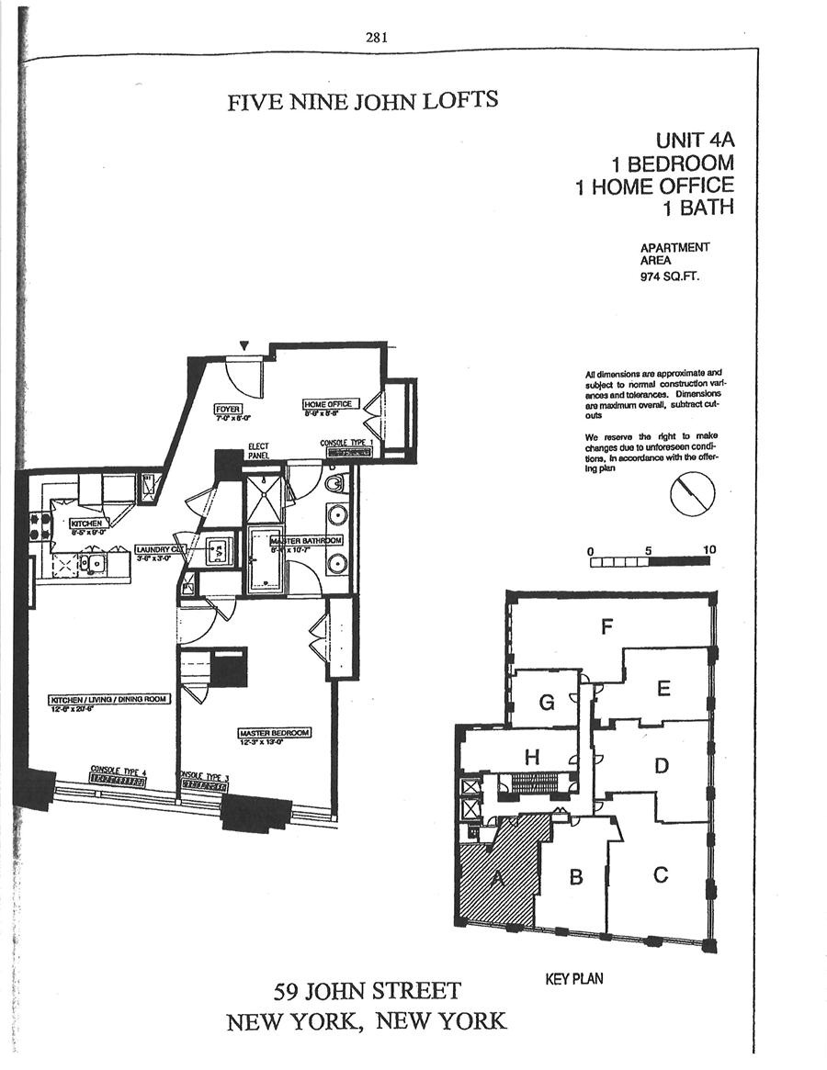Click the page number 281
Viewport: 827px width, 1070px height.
377,38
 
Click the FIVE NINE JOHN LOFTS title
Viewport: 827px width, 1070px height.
363,100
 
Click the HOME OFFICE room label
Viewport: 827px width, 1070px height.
329,404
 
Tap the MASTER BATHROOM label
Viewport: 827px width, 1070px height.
306,541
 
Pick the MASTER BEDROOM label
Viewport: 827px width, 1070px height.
274,733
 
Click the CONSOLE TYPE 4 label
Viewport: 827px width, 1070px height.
118,770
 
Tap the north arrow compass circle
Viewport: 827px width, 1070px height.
692,495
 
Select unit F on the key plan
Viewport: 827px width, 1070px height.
606,627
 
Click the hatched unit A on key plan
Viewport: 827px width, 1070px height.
501,877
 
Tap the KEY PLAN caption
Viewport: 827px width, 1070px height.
574,979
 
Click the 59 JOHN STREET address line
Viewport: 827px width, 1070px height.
368,992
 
